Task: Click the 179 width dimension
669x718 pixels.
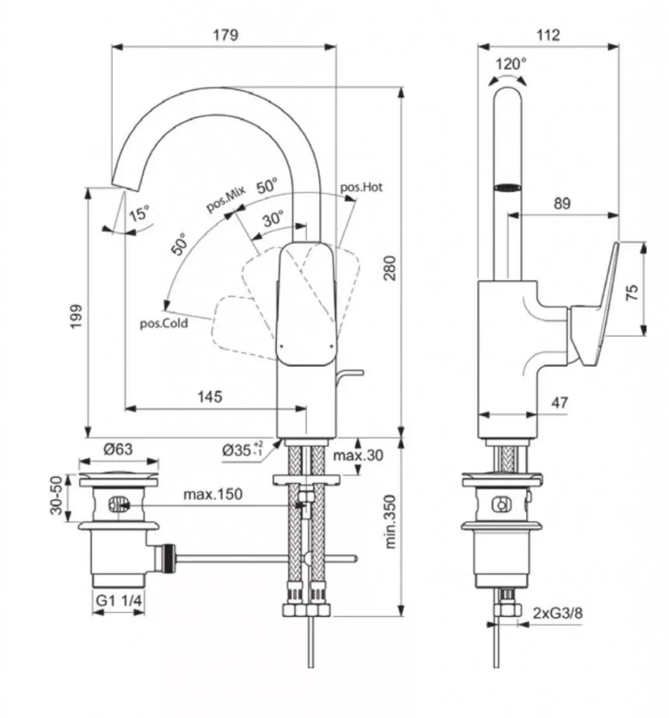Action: [224, 34]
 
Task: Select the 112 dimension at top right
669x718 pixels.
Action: [548, 34]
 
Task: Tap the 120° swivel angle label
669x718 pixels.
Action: [511, 64]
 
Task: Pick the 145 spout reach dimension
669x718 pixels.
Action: [209, 396]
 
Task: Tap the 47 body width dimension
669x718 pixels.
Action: [559, 402]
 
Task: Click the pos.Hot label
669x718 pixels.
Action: [361, 187]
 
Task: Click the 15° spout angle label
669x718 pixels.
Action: [140, 215]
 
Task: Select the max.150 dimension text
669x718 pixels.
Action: [212, 494]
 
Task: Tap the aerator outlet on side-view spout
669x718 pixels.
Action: [508, 187]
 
